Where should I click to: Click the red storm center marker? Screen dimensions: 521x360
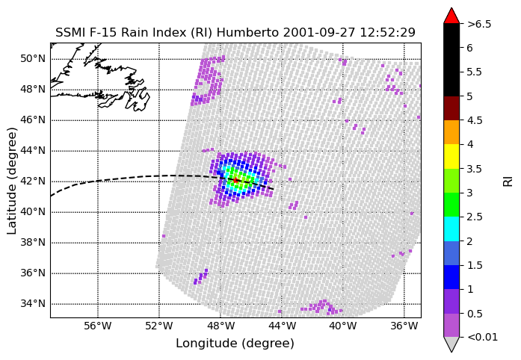235,180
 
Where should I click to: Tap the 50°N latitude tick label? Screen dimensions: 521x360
33,59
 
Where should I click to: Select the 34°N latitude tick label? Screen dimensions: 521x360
33,303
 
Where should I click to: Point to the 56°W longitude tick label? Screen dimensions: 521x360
98,326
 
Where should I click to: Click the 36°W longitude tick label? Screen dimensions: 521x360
404,326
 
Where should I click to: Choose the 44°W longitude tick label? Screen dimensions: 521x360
282,326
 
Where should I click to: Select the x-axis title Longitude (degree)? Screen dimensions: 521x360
235,344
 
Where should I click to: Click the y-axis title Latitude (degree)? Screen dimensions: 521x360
12,181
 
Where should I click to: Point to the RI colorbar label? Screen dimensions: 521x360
508,181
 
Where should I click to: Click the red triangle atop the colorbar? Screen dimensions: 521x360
451,15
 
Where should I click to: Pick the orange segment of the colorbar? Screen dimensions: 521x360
451,132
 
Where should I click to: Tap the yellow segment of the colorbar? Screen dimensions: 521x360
451,156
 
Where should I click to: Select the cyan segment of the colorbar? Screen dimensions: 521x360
451,229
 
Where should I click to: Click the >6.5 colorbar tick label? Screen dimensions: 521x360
479,24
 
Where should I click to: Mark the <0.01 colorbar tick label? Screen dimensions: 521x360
482,338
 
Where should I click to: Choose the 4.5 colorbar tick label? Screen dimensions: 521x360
474,120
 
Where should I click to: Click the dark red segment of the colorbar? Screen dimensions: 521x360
451,108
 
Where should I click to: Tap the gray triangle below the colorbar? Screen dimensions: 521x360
451,344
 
